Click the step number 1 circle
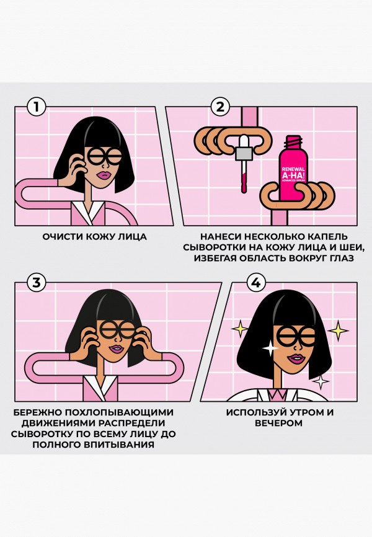[x=37, y=107]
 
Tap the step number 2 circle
[x=218, y=107]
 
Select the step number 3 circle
[x=37, y=283]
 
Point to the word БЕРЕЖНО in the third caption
[x=39, y=412]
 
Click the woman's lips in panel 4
[x=296, y=358]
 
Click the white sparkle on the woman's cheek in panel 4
[x=271, y=349]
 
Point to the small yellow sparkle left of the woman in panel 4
[x=238, y=327]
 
